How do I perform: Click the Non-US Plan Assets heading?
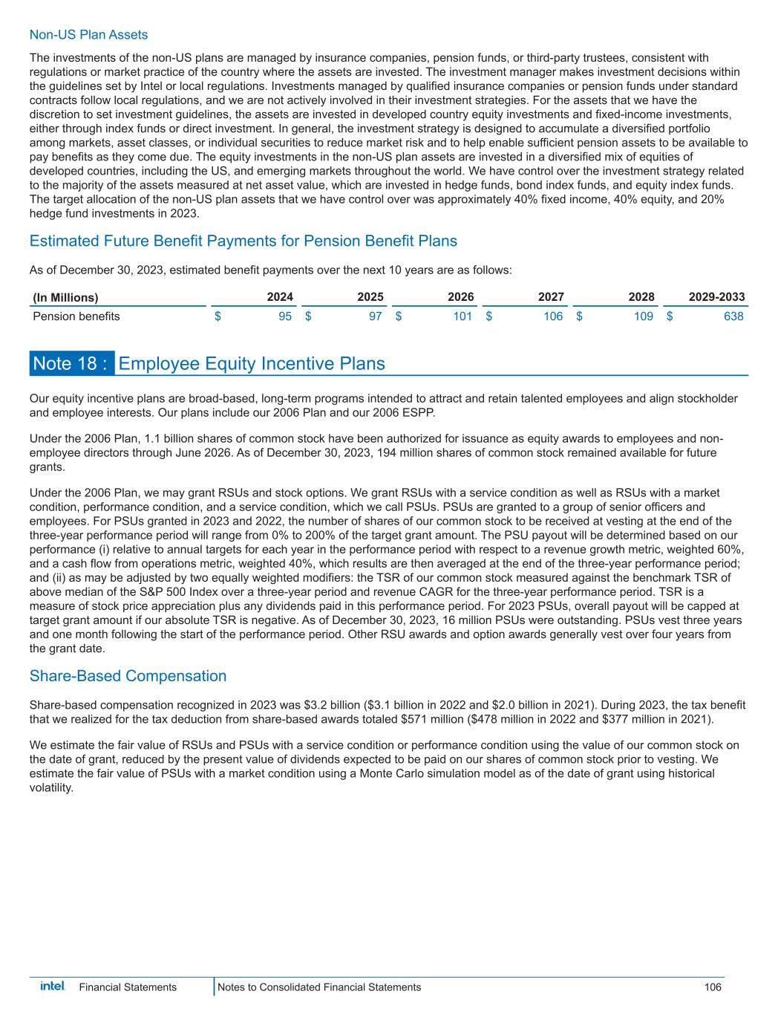pos(88,35)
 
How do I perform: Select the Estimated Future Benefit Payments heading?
pos(243,241)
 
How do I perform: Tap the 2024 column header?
pos(280,297)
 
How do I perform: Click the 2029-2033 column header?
pos(716,297)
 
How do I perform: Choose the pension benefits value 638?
pos(733,316)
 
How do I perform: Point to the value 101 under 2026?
pos(462,316)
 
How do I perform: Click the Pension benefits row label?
pos(76,316)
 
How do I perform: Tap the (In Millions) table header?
pos(65,297)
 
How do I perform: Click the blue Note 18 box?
pos(72,363)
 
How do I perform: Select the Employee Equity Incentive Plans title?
pos(252,363)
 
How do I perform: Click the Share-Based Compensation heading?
pos(128,676)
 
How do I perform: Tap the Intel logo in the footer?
pos(52,987)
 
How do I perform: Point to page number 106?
pos(713,987)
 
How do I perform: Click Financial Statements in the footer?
pos(128,987)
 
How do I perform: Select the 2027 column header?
pos(551,297)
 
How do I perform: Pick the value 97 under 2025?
pos(375,316)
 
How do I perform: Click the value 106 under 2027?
pos(552,316)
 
